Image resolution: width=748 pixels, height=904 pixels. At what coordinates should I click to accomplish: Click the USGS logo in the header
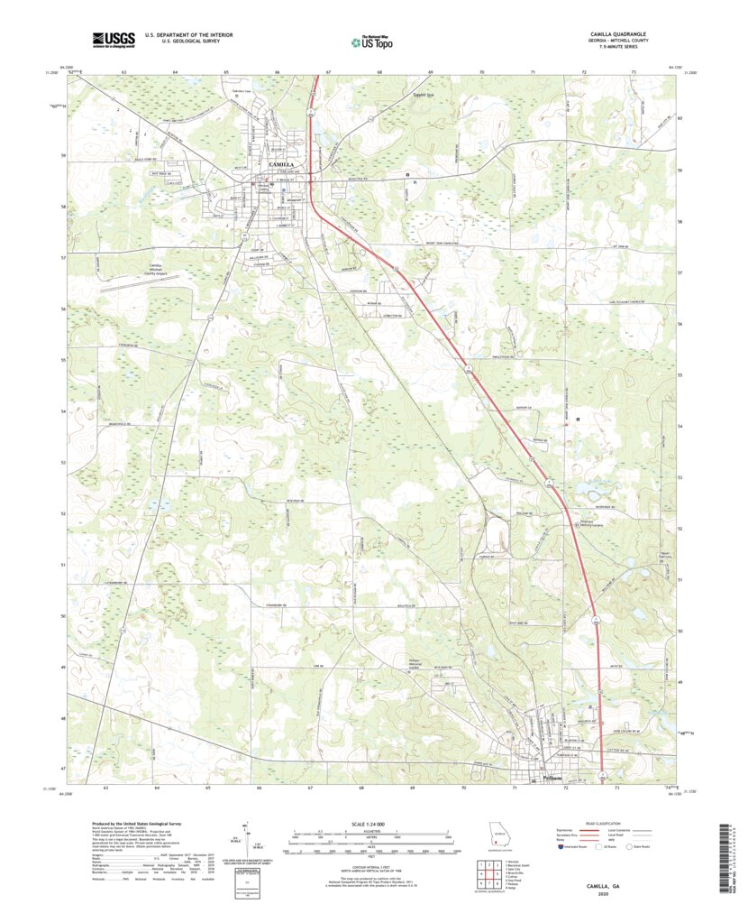(x=114, y=39)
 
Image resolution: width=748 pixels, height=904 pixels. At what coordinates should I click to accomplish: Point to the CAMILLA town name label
(x=286, y=164)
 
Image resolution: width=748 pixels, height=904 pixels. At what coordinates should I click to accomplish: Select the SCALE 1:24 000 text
(x=371, y=825)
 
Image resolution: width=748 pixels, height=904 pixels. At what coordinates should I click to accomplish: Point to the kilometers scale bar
(x=371, y=835)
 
